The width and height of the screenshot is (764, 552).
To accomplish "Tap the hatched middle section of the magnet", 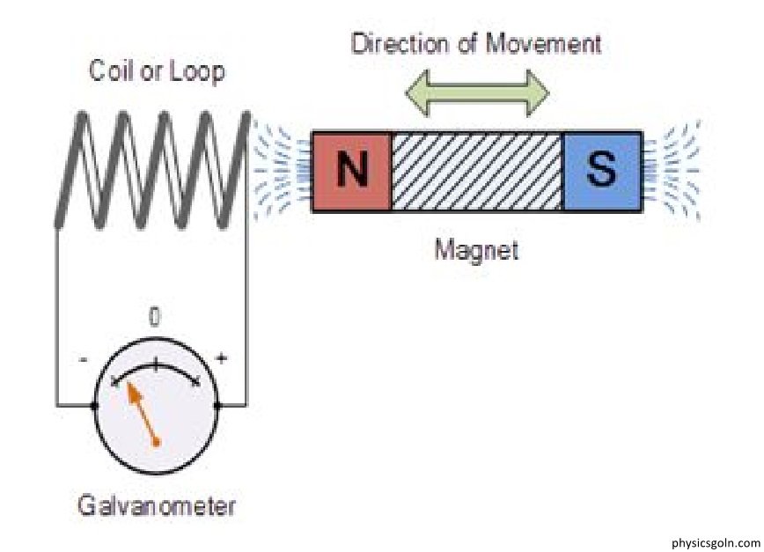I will [x=476, y=172].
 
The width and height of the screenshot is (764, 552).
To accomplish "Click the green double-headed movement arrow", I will [x=476, y=91].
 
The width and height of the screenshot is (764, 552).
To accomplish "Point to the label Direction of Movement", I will [x=476, y=44].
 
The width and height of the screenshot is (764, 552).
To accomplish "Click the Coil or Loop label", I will [x=157, y=72].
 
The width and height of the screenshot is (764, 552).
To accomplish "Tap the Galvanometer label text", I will [x=157, y=507].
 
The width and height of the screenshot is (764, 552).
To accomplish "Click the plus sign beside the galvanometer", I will [x=221, y=359].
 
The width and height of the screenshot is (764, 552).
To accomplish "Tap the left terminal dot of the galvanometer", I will [x=95, y=406].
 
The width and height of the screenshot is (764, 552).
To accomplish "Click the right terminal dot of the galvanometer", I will [x=217, y=406].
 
